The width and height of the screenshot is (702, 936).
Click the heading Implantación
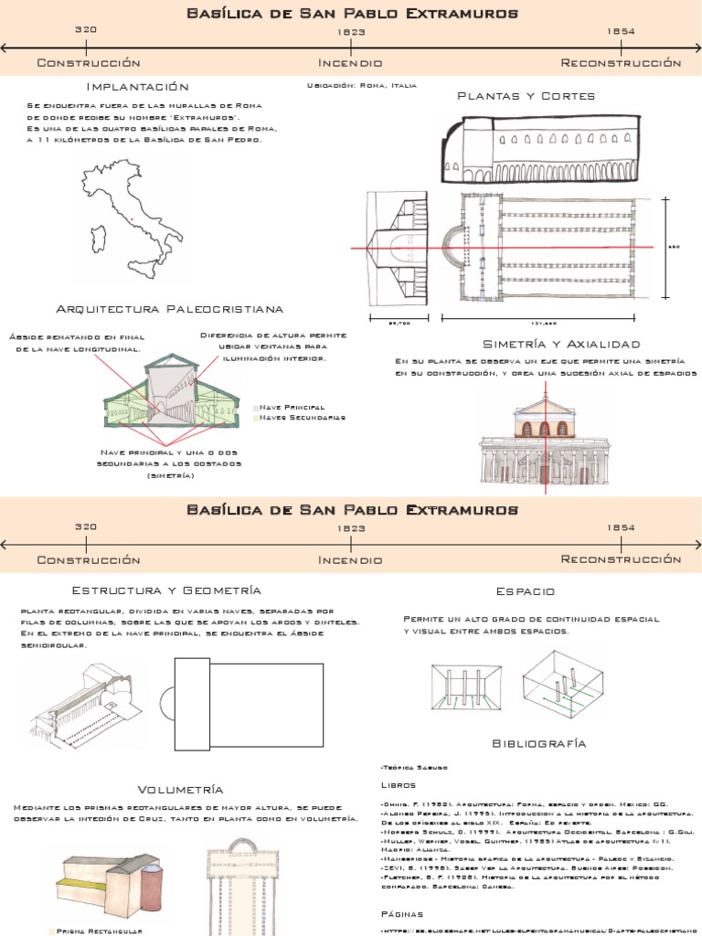(137, 87)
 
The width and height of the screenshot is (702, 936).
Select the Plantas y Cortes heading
(526, 96)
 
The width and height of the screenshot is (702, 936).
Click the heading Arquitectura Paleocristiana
(170, 309)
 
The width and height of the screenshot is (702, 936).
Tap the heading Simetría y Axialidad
(561, 344)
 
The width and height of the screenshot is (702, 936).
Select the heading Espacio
(525, 591)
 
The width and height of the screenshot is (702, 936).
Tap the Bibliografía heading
(539, 744)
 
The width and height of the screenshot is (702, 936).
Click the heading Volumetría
(180, 789)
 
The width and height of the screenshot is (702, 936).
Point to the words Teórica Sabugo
(409, 767)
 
